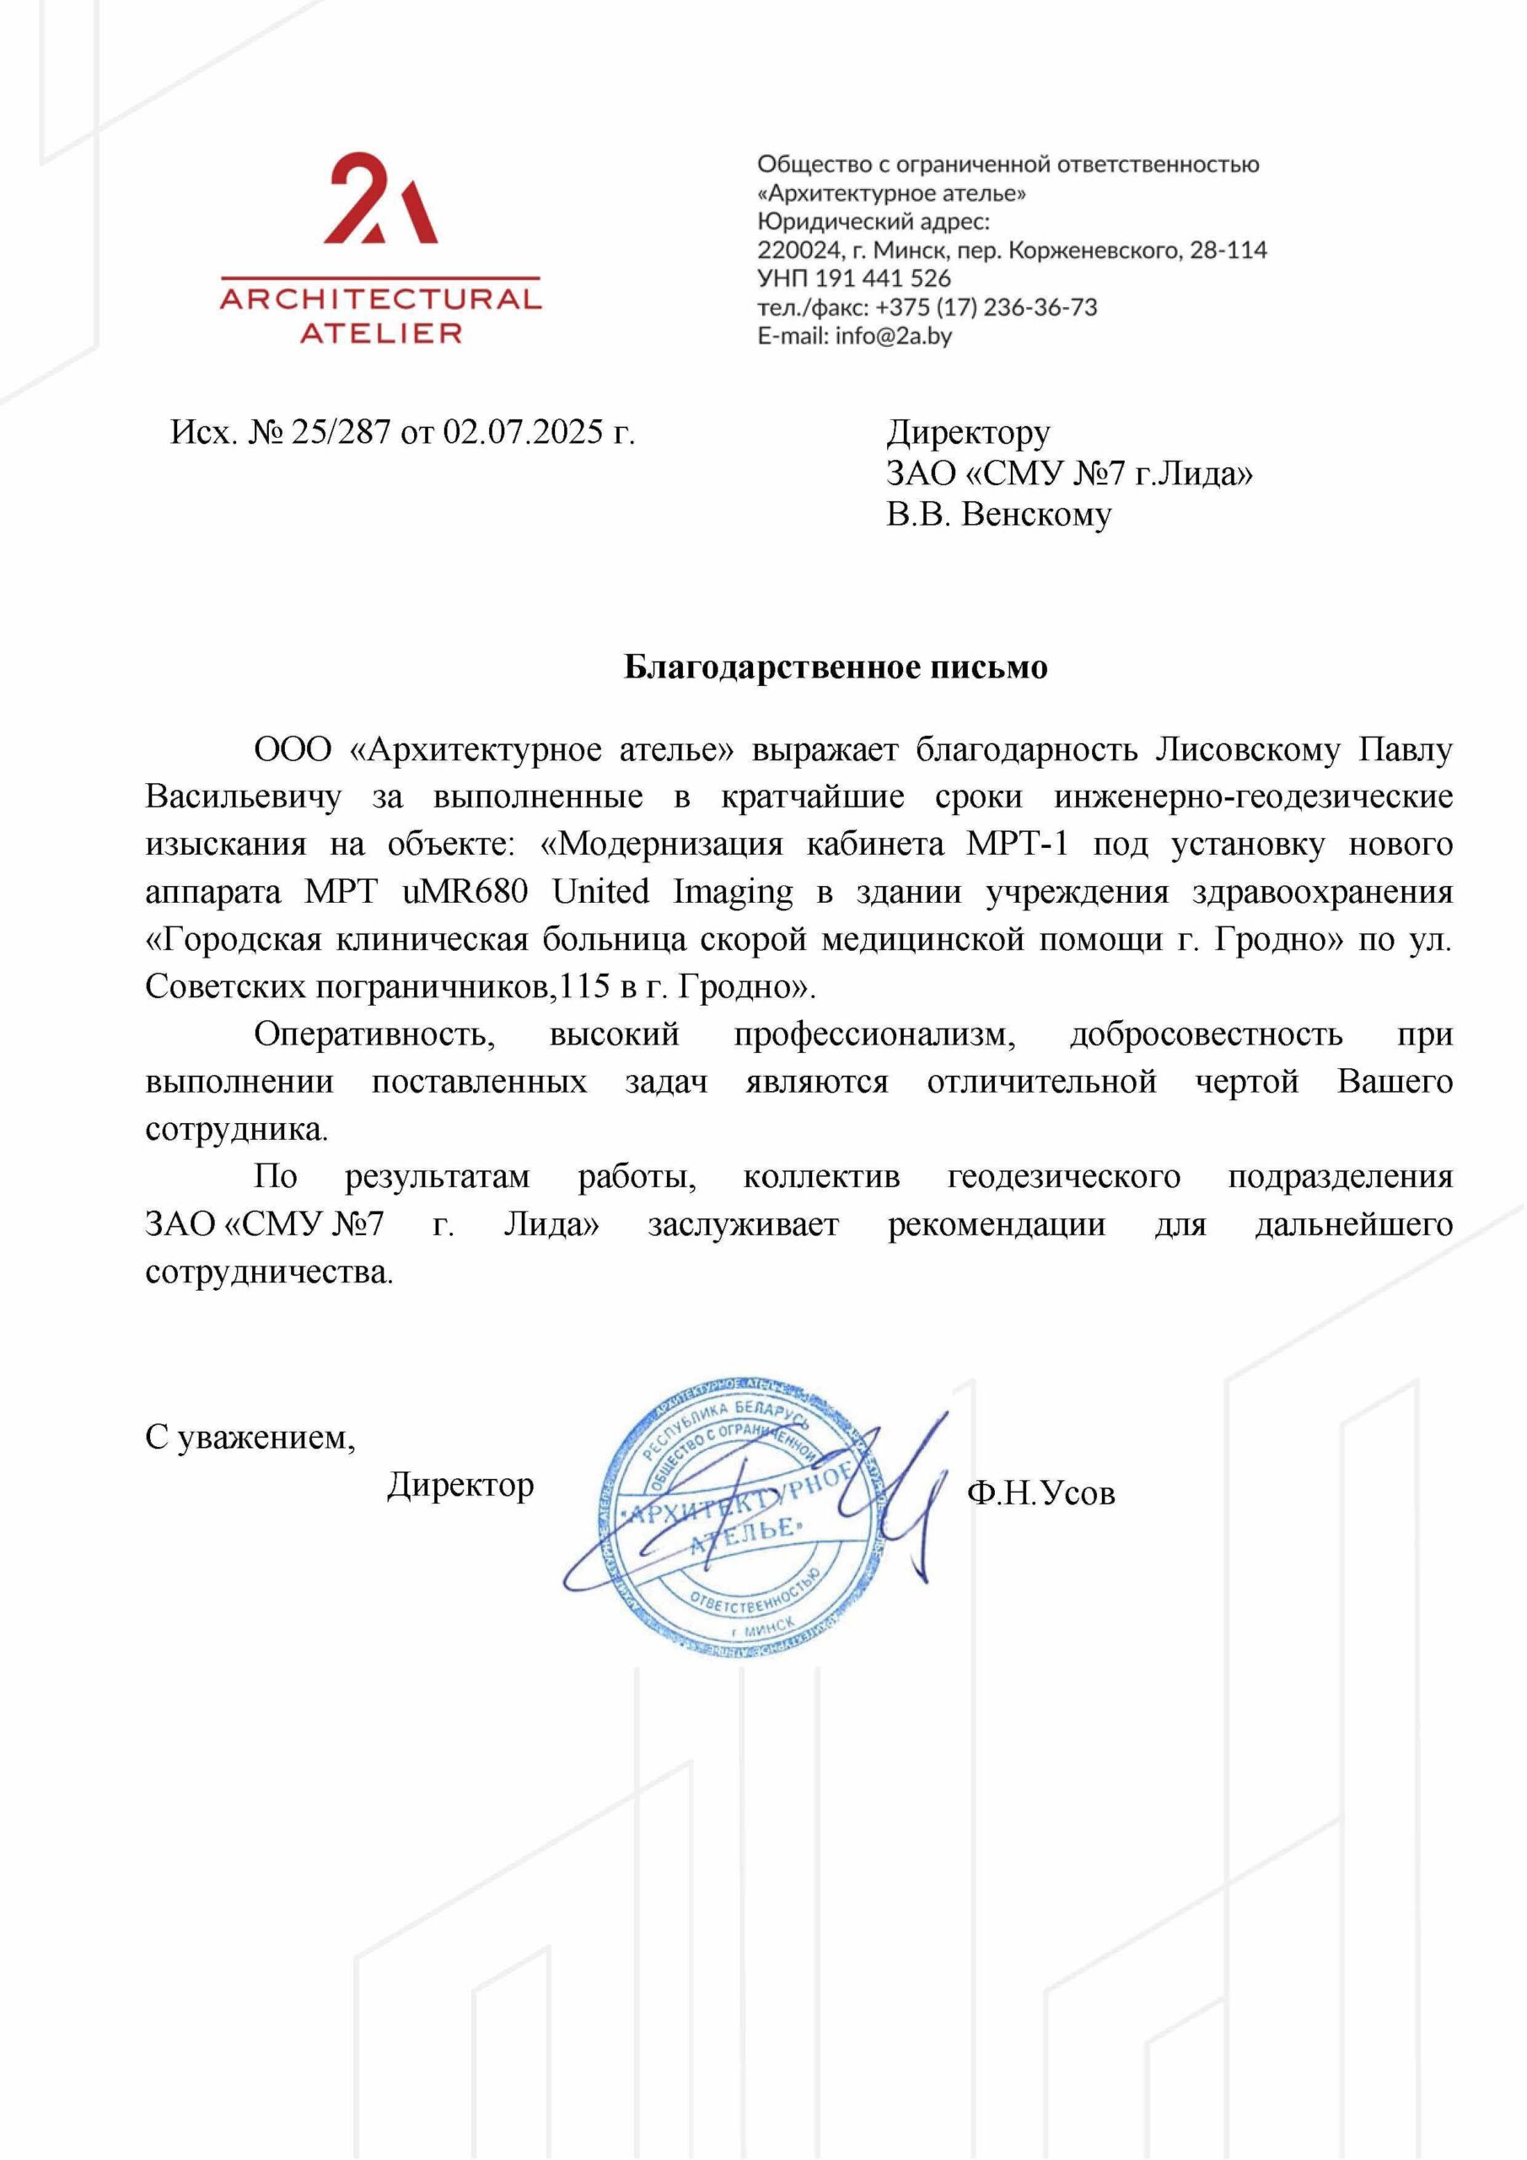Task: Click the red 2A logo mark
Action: pos(380,200)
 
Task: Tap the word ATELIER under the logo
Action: pos(380,333)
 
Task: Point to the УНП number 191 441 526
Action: pos(883,278)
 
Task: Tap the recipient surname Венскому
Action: pos(1036,515)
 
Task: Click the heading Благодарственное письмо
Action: pos(836,667)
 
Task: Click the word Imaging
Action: pos(733,891)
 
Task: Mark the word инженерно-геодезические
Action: pos(1252,796)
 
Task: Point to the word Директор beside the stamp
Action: pos(460,1484)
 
